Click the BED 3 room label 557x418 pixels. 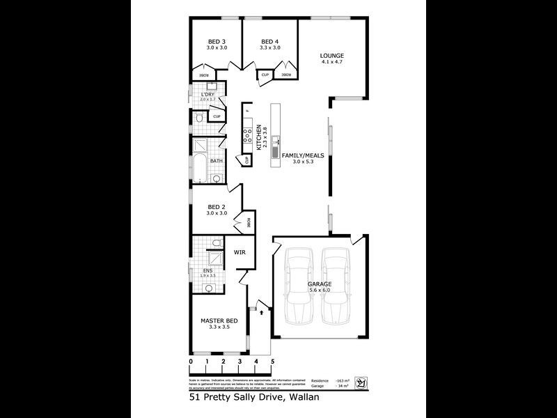[x=214, y=41]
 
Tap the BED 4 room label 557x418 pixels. [x=269, y=41]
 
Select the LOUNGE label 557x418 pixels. [x=332, y=56]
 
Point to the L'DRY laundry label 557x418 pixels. [x=207, y=94]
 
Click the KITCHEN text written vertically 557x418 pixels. [x=258, y=137]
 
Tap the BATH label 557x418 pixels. [x=217, y=161]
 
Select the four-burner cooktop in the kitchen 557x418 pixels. [x=246, y=136]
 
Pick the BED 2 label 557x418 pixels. [x=216, y=207]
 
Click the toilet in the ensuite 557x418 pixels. [x=217, y=242]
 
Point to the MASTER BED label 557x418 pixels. [x=219, y=320]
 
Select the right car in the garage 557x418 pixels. [x=336, y=286]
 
